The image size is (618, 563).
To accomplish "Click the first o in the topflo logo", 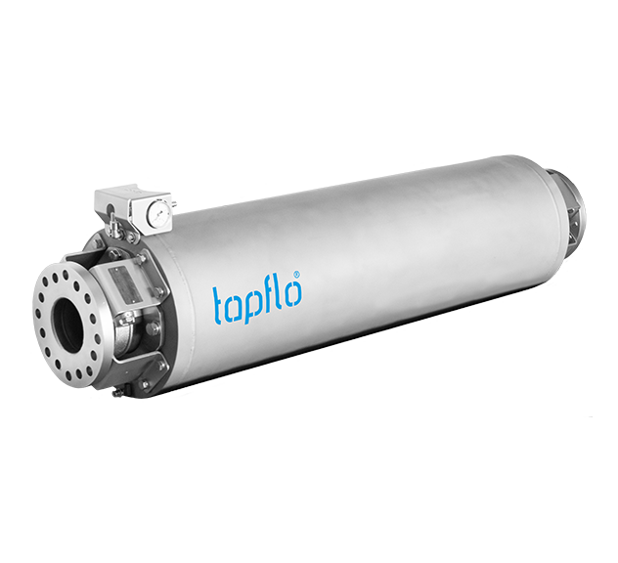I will coord(238,304).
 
